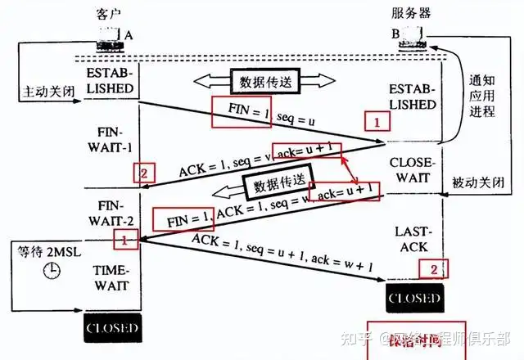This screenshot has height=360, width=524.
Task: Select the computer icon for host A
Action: pyautogui.click(x=107, y=37)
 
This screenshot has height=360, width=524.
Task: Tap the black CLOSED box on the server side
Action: pyautogui.click(x=414, y=296)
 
